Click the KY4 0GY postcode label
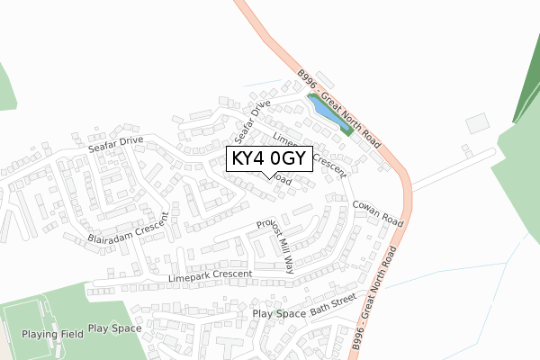tap(270, 160)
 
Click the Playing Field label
tap(53, 334)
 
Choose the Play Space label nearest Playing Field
tap(114, 328)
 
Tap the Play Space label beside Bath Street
tap(279, 314)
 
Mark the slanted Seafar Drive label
tap(251, 121)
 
